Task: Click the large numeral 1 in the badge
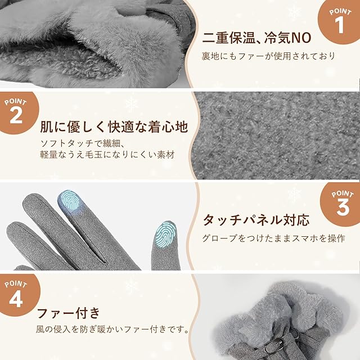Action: [x=339, y=25]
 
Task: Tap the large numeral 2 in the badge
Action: [x=16, y=115]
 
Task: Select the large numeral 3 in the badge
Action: [x=343, y=207]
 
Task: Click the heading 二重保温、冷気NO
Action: [x=256, y=38]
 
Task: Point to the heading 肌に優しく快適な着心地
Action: [x=114, y=127]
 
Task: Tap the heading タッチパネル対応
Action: [x=256, y=220]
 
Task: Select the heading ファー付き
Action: [x=68, y=313]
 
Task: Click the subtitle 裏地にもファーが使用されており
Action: [x=268, y=56]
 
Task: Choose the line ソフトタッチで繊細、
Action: [x=83, y=143]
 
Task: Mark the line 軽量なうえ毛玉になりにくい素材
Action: [x=107, y=155]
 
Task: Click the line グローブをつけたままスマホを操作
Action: [x=274, y=238]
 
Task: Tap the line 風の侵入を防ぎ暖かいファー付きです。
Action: [x=112, y=330]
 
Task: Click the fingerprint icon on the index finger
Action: [x=70, y=200]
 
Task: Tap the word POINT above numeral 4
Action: [x=16, y=284]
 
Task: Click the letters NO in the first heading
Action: [x=301, y=38]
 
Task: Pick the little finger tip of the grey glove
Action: [x=13, y=227]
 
